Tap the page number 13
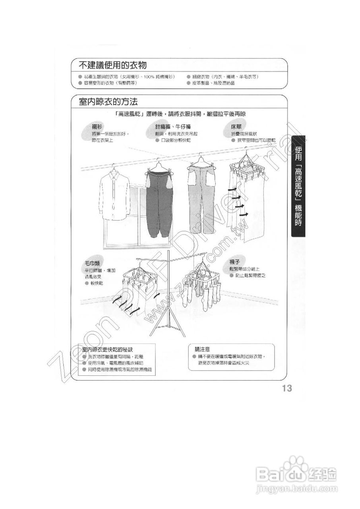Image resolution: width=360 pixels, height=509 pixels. [x=287, y=389]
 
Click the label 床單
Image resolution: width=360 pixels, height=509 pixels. [x=237, y=127]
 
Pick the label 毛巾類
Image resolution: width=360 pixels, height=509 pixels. [x=92, y=264]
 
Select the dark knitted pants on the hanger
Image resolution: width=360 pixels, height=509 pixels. [x=159, y=203]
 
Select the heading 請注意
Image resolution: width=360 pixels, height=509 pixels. [x=203, y=350]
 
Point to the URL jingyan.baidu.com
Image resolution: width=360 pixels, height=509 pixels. [x=296, y=488]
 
